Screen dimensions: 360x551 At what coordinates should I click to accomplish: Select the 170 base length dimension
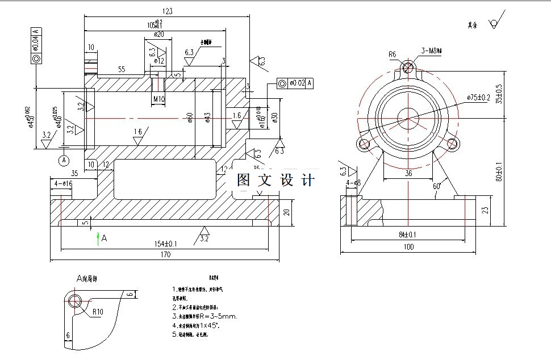point(165,256)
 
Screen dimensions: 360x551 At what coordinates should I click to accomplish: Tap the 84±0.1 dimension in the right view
point(407,234)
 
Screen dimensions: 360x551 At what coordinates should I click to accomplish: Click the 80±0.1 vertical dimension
point(499,172)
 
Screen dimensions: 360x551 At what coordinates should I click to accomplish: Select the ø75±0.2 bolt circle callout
point(478,98)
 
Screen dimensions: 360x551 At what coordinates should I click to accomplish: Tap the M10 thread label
point(159,99)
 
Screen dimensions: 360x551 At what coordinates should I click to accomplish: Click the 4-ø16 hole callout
point(63,184)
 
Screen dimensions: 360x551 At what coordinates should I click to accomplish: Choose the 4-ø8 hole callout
point(353,183)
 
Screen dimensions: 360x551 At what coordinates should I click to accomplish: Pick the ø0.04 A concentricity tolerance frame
point(36,45)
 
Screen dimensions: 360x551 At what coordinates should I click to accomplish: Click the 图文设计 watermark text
point(275,181)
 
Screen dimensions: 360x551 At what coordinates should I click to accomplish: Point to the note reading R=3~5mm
point(207,316)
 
